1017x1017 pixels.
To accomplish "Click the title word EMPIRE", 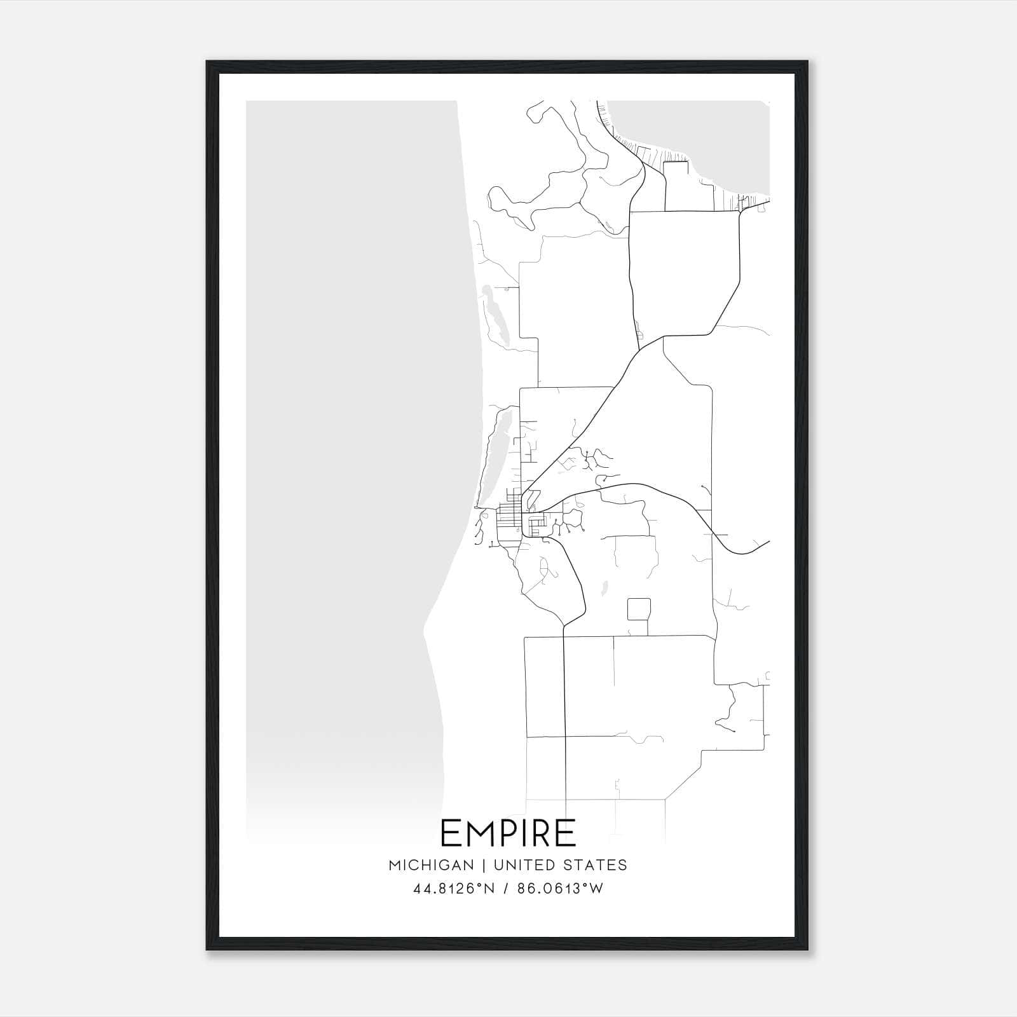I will tap(508, 833).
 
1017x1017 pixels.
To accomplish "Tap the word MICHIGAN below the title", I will tap(432, 865).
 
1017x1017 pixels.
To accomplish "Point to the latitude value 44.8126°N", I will tap(454, 889).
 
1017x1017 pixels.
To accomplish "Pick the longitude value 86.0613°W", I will tap(560, 889).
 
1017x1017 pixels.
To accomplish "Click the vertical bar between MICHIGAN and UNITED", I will tap(484, 865).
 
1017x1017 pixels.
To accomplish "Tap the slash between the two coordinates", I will tap(506, 889).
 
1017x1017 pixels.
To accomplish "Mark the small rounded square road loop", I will tap(639, 609).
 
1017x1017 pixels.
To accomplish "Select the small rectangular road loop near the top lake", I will tap(676, 184).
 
